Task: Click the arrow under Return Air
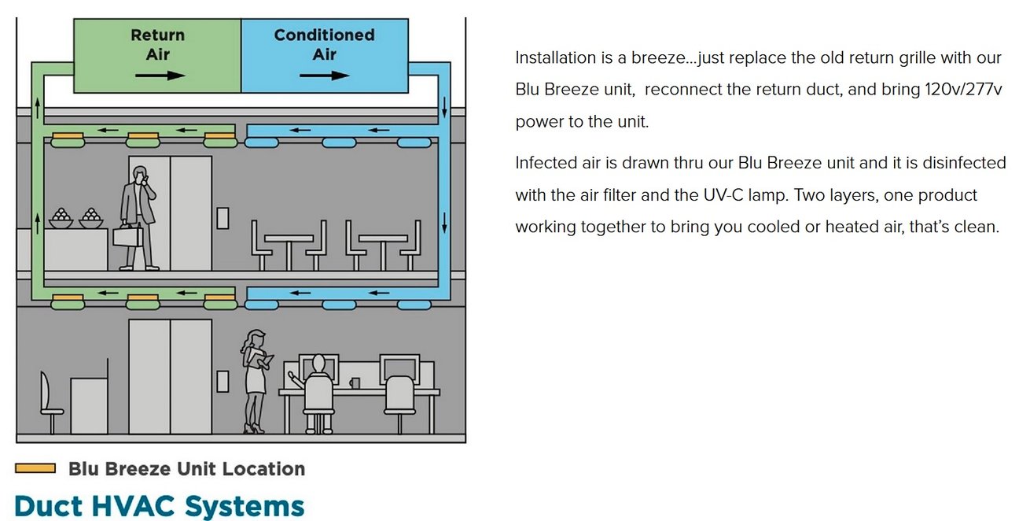[x=160, y=75]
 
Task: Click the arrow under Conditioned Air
[x=324, y=75]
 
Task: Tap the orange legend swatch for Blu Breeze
[x=35, y=468]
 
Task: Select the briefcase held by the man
[x=127, y=236]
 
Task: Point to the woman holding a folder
[x=256, y=381]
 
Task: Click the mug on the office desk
[x=355, y=383]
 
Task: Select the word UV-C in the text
[x=723, y=195]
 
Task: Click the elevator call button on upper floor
[x=223, y=218]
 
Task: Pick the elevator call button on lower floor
[x=223, y=382]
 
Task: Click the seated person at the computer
[x=318, y=392]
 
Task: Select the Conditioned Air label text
[x=324, y=45]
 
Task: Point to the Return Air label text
[x=157, y=45]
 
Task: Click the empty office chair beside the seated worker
[x=399, y=404]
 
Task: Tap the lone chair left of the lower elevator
[x=50, y=403]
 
